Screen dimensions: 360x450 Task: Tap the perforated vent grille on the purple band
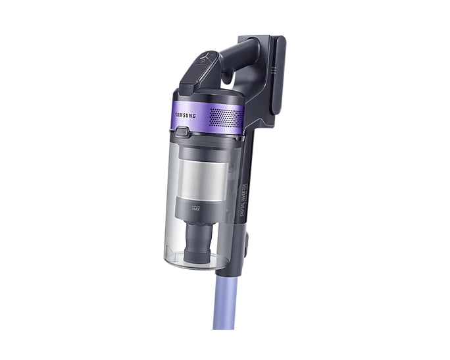(x=224, y=117)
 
